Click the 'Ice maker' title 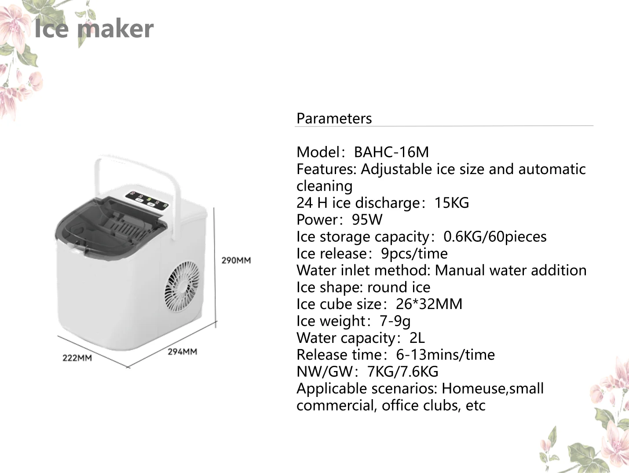coord(94,29)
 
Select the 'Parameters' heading coord(334,118)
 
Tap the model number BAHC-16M coord(391,152)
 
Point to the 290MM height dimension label coord(236,260)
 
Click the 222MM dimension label coord(77,358)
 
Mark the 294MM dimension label coord(182,352)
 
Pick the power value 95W coord(367,220)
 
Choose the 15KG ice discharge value coord(451,203)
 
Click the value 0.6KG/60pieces coord(494,236)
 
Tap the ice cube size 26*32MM coord(429,304)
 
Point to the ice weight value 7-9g coord(395,321)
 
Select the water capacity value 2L coord(417,338)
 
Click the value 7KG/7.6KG coord(402,372)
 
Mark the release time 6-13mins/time coord(445,355)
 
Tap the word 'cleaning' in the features coord(324,186)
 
